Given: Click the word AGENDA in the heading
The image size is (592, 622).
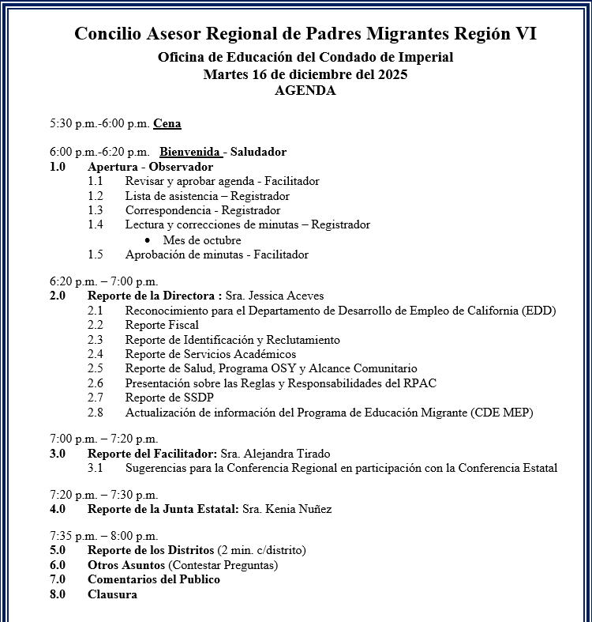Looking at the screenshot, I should pyautogui.click(x=305, y=90).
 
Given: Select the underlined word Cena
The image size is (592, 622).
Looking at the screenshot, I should pyautogui.click(x=167, y=123).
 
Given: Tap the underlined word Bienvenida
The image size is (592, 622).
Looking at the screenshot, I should pyautogui.click(x=189, y=152).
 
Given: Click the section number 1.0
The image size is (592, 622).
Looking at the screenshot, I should pyautogui.click(x=58, y=167).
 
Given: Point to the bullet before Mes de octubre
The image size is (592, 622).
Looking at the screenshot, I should pyautogui.click(x=148, y=240).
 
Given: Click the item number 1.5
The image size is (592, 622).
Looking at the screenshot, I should pyautogui.click(x=96, y=254).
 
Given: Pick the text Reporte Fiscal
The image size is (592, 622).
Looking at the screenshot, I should pyautogui.click(x=162, y=325).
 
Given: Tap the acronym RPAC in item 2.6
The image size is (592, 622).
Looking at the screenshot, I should pyautogui.click(x=420, y=383).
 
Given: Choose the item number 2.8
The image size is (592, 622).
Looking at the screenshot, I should pyautogui.click(x=96, y=412).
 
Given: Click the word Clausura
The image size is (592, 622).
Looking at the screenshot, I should pyautogui.click(x=112, y=594).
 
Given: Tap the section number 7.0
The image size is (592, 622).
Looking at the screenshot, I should pyautogui.click(x=58, y=579).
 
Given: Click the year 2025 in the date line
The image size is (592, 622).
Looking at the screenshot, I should pyautogui.click(x=392, y=74).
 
